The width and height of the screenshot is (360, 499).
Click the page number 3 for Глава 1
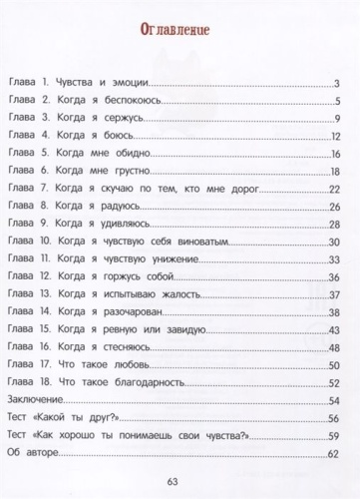tap(339, 84)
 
